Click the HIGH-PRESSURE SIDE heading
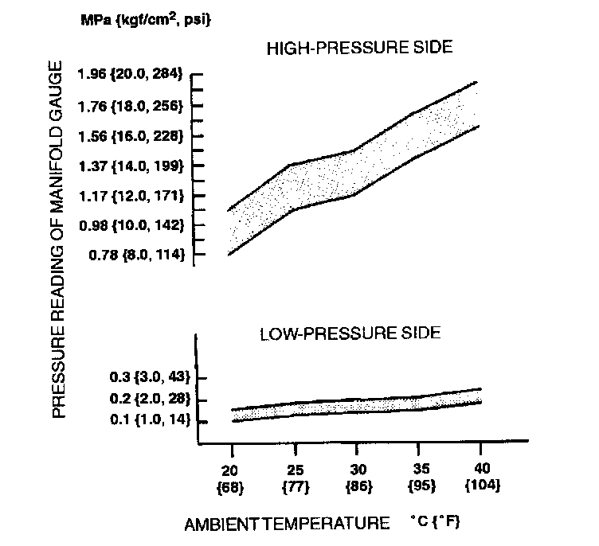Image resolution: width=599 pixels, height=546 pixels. (x=359, y=48)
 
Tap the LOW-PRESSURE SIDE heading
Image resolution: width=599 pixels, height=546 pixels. (x=350, y=333)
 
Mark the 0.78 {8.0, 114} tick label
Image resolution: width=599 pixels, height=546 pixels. (x=133, y=255)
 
